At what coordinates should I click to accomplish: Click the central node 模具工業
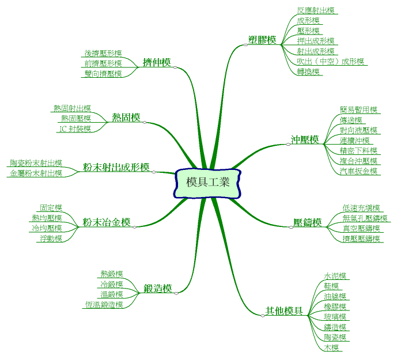(208, 183)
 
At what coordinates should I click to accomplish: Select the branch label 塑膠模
(262, 40)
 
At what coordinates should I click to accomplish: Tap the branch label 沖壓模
(305, 139)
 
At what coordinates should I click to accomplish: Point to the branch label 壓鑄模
(308, 222)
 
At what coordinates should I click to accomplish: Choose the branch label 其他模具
(284, 311)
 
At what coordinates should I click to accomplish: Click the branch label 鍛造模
(158, 288)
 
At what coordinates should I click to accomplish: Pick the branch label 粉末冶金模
(107, 222)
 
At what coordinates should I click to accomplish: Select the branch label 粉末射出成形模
(116, 167)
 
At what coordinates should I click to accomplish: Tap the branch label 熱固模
(126, 118)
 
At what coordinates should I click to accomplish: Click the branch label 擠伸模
(157, 62)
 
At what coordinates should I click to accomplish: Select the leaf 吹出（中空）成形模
(331, 62)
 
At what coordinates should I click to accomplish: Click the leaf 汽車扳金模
(359, 171)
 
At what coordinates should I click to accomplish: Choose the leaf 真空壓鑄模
(361, 228)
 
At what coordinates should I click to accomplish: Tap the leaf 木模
(331, 348)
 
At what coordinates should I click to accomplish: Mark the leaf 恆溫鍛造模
(104, 305)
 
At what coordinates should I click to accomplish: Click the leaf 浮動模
(51, 238)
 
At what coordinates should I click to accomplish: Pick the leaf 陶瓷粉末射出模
(36, 163)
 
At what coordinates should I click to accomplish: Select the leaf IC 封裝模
(75, 129)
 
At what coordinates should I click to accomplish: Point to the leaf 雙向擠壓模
(103, 74)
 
